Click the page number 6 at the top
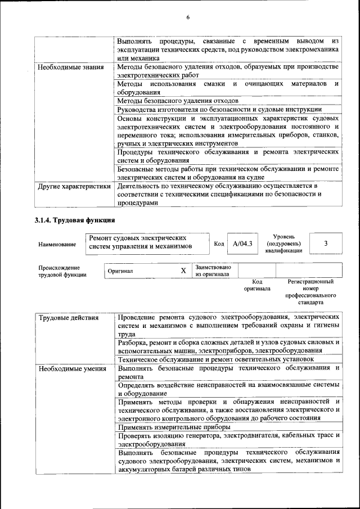click(188, 17)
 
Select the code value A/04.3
click(242, 244)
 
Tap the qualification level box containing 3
click(326, 244)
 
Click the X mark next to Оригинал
click(183, 271)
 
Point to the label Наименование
click(57, 245)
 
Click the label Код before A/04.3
click(219, 244)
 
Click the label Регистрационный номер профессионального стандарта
click(310, 291)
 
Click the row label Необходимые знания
click(71, 68)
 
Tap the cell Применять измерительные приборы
click(169, 427)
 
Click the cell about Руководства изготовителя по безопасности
click(219, 109)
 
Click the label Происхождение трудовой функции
click(62, 271)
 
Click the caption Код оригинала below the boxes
click(256, 285)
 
